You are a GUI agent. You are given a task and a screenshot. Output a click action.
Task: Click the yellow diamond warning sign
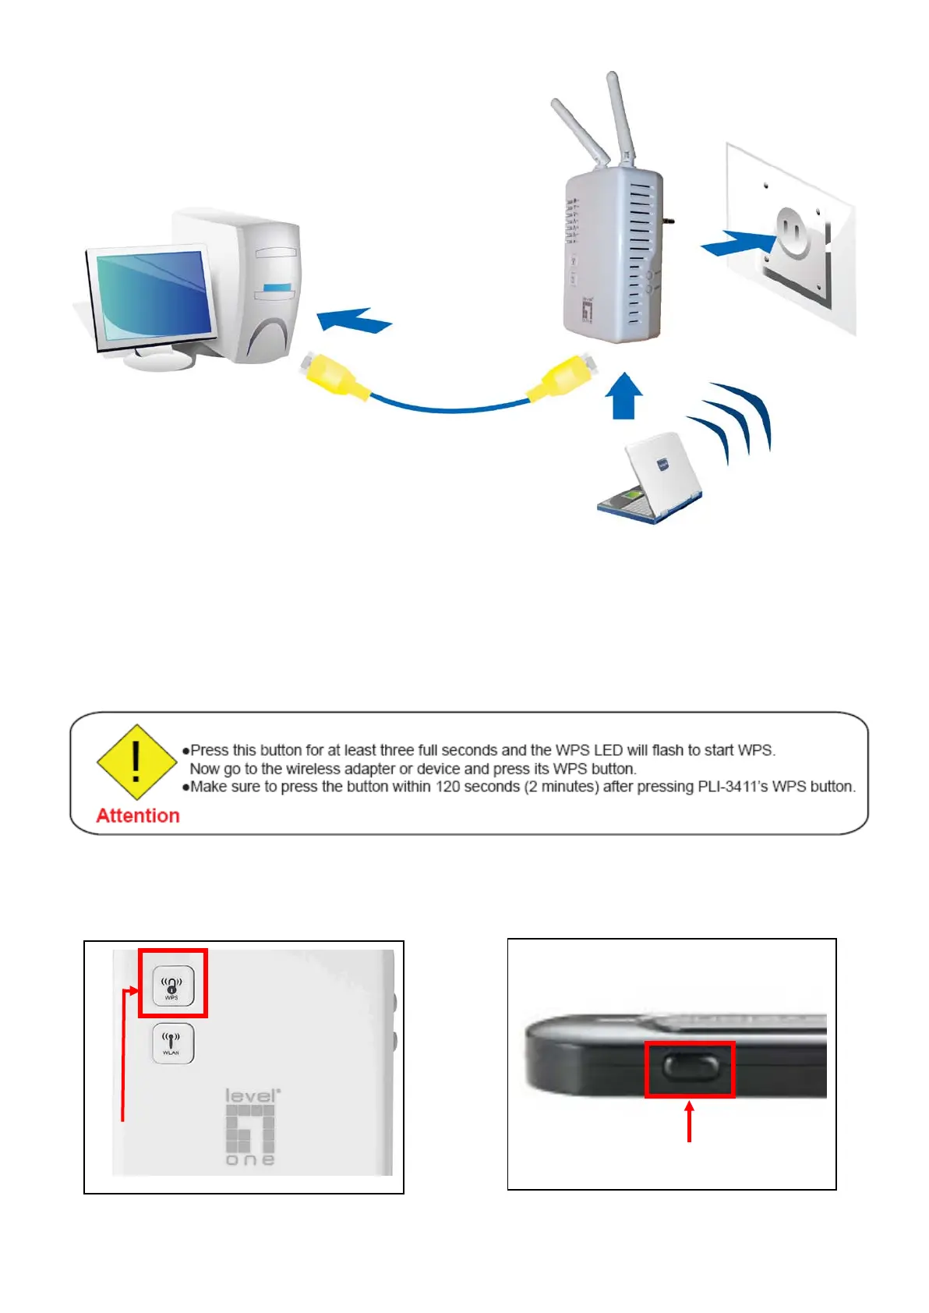[x=136, y=762]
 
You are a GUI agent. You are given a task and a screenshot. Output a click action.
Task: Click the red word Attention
[x=138, y=816]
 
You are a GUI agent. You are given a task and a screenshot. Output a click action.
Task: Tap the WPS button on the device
[x=173, y=986]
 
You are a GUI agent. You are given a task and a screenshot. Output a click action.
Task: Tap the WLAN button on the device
[x=172, y=1043]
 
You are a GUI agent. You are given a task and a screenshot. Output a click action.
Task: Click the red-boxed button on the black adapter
[x=690, y=1067]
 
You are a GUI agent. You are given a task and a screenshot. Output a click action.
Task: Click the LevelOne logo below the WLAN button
[x=251, y=1127]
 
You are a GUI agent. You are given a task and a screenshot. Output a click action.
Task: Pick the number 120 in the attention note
[x=447, y=787]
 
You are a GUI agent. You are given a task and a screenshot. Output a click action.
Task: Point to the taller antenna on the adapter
[x=620, y=117]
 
